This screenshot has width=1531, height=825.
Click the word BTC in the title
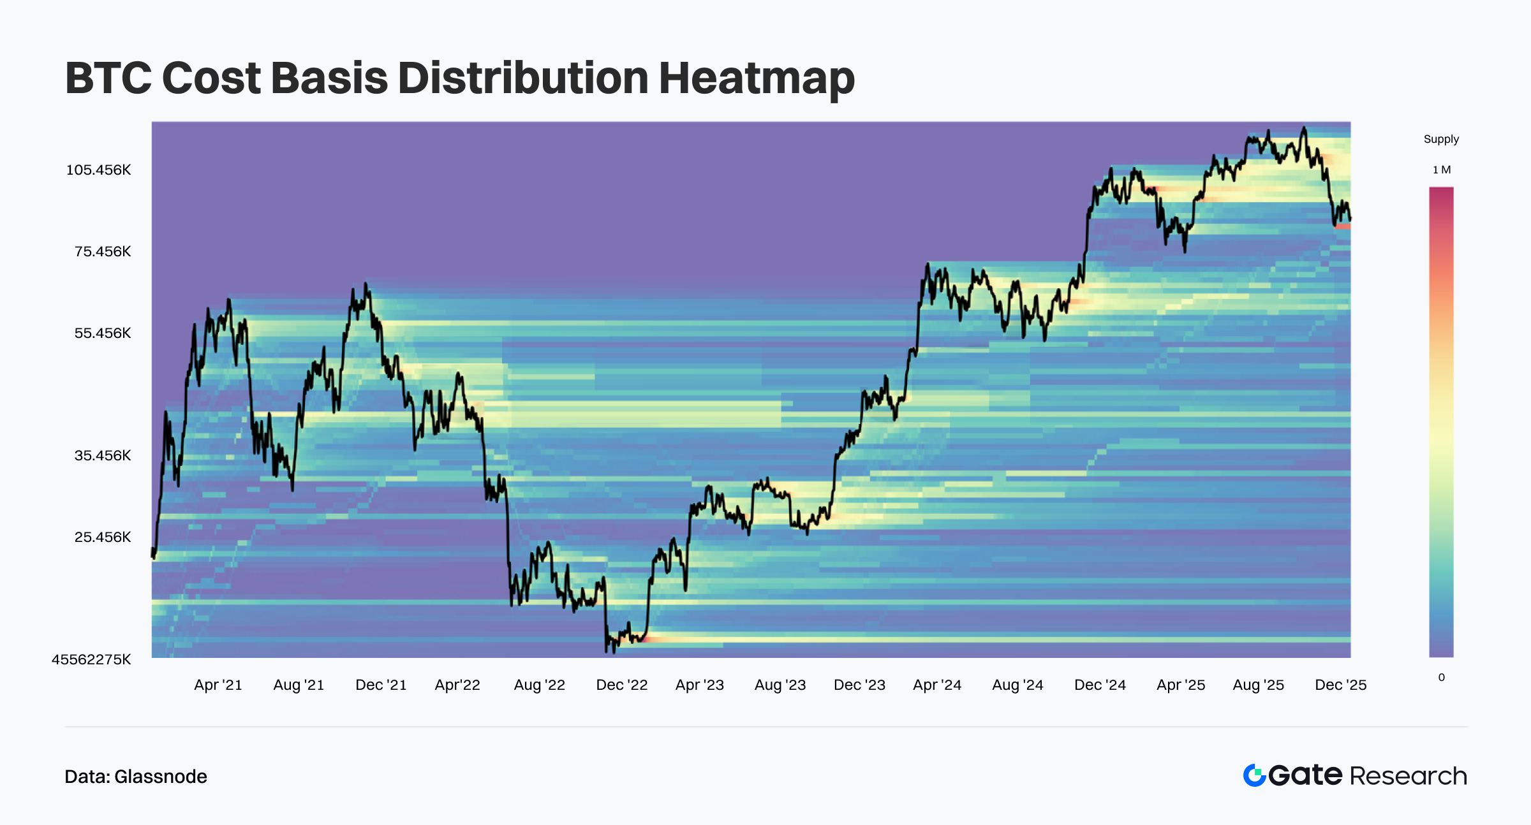click(108, 78)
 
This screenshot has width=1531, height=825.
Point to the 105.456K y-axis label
click(98, 170)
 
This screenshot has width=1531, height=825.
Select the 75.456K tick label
click(102, 252)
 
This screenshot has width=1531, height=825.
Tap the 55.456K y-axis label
click(102, 333)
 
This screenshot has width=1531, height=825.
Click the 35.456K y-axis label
click(102, 456)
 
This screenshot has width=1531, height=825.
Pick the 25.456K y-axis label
click(102, 537)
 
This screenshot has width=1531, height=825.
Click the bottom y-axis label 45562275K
click(91, 660)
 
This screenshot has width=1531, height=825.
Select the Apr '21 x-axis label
click(218, 685)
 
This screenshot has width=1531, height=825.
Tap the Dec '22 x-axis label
click(621, 685)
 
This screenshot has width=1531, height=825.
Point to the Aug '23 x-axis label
click(780, 685)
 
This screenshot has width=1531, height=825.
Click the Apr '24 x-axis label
click(937, 685)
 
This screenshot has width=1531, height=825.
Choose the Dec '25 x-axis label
click(1340, 685)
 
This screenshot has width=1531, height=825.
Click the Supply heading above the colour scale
click(1441, 140)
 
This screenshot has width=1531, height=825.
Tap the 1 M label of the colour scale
click(1441, 170)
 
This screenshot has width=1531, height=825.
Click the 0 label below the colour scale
click(1441, 678)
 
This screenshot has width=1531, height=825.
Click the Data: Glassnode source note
click(136, 777)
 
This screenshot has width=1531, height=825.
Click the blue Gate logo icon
click(1254, 775)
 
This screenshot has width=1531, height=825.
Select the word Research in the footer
click(1408, 776)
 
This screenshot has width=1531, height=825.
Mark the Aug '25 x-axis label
click(1258, 685)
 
